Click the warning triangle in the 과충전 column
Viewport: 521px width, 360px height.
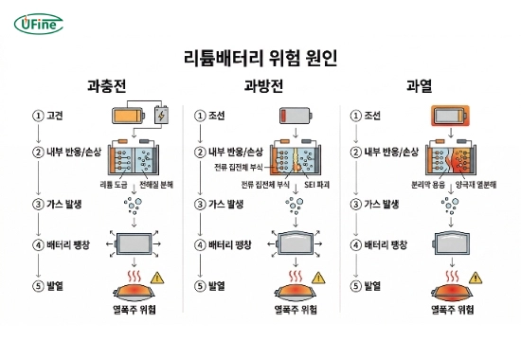tap(156, 279)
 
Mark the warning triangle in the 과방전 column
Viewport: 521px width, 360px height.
tap(318, 279)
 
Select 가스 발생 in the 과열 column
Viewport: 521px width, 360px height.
tap(381, 203)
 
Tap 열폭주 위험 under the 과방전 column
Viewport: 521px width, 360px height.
tap(294, 308)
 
